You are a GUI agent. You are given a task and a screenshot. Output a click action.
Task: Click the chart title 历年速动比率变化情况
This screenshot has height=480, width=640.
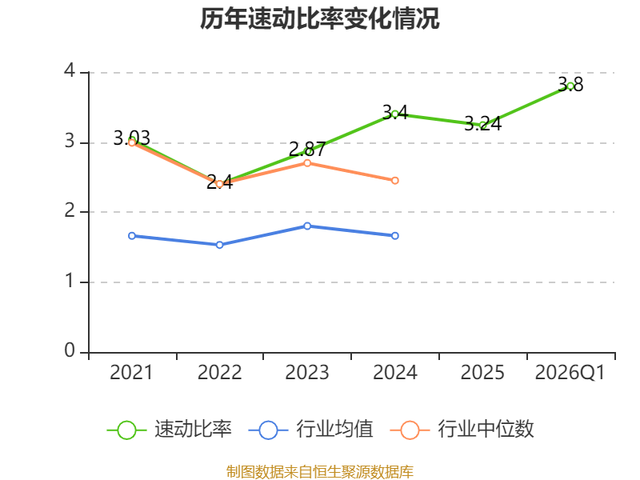click(319, 18)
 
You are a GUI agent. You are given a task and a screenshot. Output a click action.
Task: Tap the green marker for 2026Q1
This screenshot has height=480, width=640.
click(570, 86)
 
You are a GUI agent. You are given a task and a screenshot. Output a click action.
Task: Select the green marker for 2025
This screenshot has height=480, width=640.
click(483, 125)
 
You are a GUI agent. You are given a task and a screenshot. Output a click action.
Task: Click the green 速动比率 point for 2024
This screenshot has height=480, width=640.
click(395, 114)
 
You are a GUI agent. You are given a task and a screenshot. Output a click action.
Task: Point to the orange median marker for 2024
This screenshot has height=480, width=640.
click(395, 181)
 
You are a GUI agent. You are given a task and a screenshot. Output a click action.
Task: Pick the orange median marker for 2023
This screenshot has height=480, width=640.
click(307, 163)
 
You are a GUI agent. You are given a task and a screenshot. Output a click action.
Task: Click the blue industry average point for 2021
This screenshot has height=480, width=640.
click(132, 236)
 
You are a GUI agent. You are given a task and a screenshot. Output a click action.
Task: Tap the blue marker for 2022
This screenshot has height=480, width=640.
click(219, 245)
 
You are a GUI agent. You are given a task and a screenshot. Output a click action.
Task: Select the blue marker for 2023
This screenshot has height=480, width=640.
click(307, 226)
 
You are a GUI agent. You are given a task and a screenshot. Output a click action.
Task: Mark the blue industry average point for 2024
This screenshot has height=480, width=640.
click(395, 236)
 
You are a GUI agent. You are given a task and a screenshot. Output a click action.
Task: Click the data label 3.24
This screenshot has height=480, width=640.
click(483, 124)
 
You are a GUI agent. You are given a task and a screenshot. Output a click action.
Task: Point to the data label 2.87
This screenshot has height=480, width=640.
click(307, 149)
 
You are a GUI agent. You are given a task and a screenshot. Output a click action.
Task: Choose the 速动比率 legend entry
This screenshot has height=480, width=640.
click(169, 430)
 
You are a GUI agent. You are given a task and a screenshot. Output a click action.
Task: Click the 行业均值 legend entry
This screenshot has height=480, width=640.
click(310, 430)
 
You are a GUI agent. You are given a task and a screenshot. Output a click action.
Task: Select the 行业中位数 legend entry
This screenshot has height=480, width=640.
click(462, 430)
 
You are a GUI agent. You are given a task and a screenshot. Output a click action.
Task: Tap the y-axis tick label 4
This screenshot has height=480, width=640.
click(70, 71)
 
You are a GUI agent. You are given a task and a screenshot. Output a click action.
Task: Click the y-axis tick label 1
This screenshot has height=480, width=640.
click(70, 281)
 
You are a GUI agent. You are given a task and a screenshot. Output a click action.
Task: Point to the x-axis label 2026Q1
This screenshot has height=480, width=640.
click(570, 373)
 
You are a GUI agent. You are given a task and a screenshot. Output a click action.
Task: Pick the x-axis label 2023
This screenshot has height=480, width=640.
click(307, 373)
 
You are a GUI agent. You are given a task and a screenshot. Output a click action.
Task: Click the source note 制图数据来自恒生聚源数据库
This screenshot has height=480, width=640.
click(319, 471)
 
